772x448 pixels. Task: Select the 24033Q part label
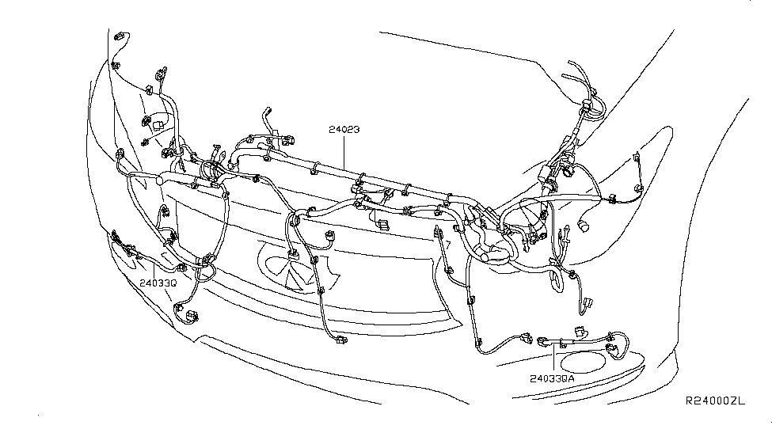(x=158, y=280)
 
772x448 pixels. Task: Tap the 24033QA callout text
(x=552, y=378)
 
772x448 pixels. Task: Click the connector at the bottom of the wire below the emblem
(x=340, y=341)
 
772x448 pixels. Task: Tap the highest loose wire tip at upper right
(x=572, y=63)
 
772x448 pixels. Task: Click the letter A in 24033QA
(x=570, y=378)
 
